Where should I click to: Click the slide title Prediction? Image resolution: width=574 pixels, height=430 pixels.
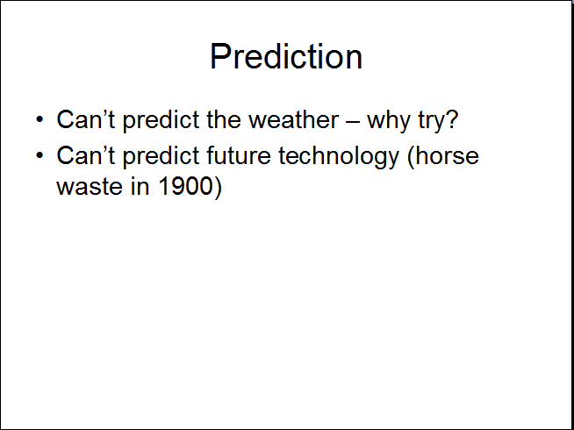[x=286, y=56]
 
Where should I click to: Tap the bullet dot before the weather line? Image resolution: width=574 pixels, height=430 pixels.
[x=39, y=119]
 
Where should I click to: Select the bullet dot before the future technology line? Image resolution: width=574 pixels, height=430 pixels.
[x=39, y=155]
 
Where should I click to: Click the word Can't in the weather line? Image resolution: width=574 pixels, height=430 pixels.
[x=86, y=119]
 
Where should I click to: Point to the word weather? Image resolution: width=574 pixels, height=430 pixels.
[x=294, y=119]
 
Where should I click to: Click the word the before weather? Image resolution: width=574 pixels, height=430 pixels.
[x=224, y=119]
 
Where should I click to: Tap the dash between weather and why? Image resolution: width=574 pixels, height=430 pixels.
[x=353, y=120]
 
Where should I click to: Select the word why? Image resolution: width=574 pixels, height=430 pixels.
[x=389, y=121]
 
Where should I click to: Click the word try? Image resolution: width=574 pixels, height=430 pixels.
[x=432, y=122]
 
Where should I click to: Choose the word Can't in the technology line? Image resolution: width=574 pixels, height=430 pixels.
[x=86, y=155]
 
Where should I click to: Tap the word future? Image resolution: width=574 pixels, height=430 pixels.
[x=239, y=155]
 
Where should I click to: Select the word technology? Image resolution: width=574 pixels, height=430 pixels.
[x=339, y=157]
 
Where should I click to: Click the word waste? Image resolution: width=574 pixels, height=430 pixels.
[x=90, y=186]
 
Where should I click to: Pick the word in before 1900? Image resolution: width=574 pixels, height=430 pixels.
[x=140, y=186]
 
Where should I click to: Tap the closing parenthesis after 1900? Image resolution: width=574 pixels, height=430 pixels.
[x=218, y=188]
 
